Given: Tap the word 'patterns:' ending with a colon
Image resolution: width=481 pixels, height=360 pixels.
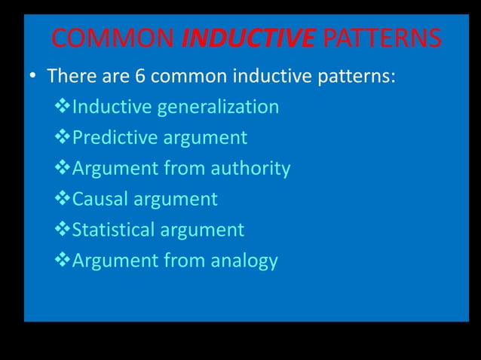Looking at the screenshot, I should (x=357, y=76).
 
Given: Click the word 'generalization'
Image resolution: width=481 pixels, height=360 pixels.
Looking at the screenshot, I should (x=217, y=107).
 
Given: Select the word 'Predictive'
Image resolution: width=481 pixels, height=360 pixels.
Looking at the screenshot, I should (x=110, y=138).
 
